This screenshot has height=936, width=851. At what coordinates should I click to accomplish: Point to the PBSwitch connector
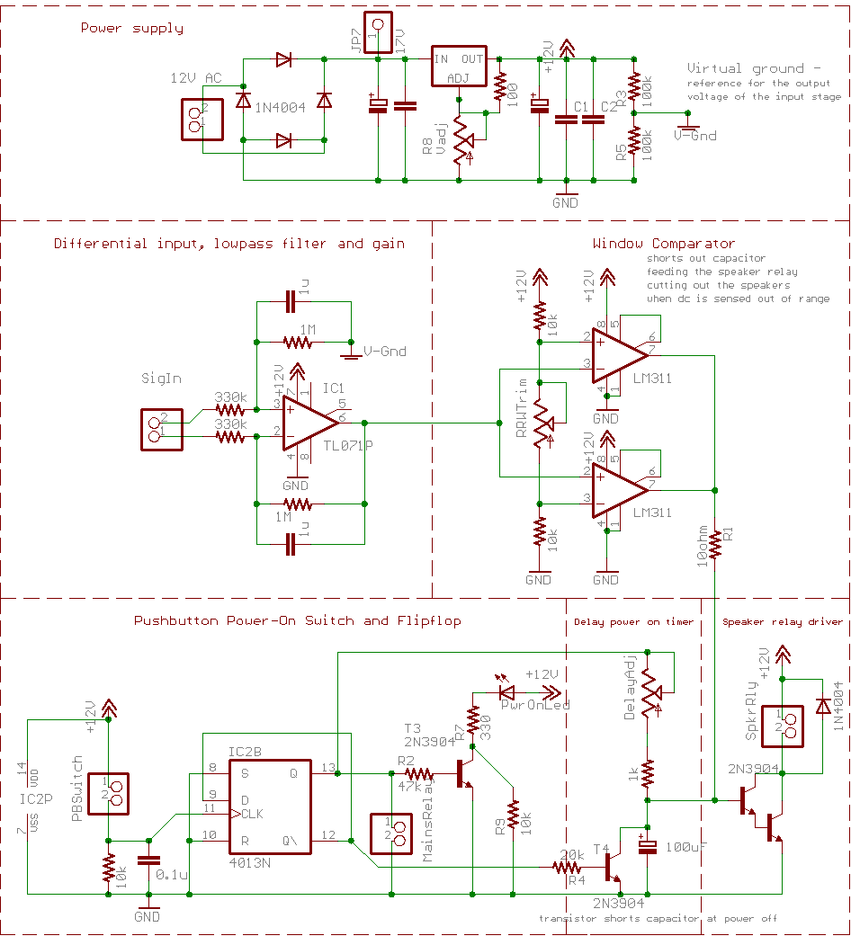pos(109,789)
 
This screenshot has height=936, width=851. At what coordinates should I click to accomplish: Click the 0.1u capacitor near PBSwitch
pos(147,860)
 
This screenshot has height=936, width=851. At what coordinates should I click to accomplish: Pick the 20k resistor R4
pos(569,868)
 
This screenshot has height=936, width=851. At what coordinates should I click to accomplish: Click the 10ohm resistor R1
pos(714,545)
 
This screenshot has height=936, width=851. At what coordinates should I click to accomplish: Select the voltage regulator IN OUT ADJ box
pos(458,67)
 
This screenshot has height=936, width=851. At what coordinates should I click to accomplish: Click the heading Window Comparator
pos(663,244)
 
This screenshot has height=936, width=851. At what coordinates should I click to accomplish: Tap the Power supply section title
pos(131,28)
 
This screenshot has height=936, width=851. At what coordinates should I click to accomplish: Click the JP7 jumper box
pos(378,29)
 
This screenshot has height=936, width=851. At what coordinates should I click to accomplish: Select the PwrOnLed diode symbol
pos(507,693)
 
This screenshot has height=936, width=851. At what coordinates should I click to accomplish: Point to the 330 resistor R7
pos(470,723)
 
